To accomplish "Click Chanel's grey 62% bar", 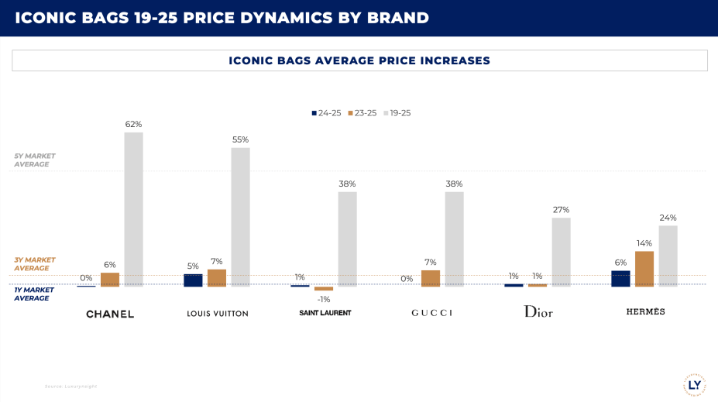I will point(134,209).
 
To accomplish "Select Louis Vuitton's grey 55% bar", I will point(240,217).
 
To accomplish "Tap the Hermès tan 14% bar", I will point(644,269).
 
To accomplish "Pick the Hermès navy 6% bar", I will point(620,279).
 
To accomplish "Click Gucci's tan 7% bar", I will point(431,278).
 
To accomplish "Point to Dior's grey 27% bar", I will point(562,252).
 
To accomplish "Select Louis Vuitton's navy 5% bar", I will point(193,280).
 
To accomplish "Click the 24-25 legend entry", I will point(326,113).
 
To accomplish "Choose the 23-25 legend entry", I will point(361,113).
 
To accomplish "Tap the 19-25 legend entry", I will point(396,113).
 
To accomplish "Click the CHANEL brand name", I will point(110,314).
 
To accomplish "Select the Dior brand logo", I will point(538,311).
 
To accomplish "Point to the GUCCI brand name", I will point(431,313).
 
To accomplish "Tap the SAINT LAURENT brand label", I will point(325,313).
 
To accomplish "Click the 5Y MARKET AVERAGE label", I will point(35,160).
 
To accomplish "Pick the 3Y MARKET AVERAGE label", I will point(35,264).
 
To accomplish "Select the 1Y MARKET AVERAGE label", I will point(33,294).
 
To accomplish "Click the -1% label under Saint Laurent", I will point(324,300).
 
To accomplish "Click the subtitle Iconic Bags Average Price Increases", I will point(359,60).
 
